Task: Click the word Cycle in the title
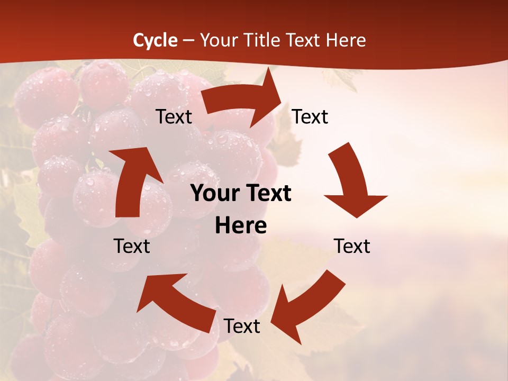[x=155, y=40]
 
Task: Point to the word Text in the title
[x=306, y=40]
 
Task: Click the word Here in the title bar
[x=347, y=40]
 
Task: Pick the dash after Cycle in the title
[x=188, y=41]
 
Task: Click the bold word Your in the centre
[x=216, y=194]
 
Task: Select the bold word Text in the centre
[x=268, y=194]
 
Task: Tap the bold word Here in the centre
[x=241, y=225]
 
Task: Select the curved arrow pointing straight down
[x=352, y=180]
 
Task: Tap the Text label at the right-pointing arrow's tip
[x=310, y=117]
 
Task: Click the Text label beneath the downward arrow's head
[x=352, y=246]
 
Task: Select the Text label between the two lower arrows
[x=242, y=326]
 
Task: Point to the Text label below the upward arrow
[x=132, y=246]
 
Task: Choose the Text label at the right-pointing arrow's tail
[x=174, y=117]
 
